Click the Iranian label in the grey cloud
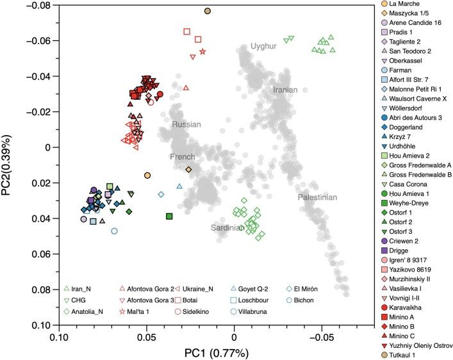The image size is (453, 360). [x=285, y=90]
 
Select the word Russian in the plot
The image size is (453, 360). [x=186, y=124]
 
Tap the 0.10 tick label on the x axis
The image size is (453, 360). [x=60, y=336]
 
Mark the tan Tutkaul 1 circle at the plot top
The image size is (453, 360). [x=208, y=11]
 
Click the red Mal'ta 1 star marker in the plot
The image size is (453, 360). [x=202, y=51]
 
